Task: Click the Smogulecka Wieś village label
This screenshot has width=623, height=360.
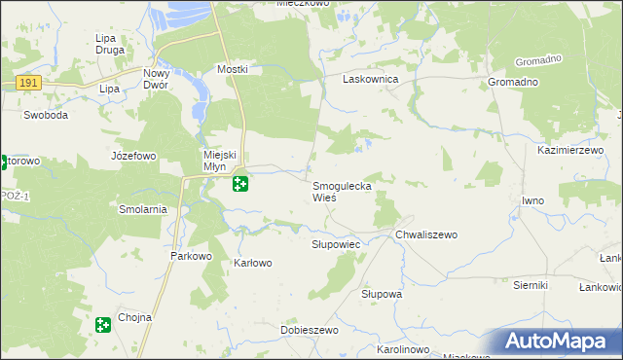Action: (341, 191)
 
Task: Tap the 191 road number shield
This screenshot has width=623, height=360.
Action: (28, 84)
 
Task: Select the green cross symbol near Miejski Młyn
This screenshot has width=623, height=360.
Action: (239, 183)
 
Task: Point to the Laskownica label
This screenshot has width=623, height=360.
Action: (370, 79)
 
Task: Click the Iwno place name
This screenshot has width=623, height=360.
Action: (532, 200)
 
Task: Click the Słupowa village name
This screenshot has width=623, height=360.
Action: (382, 293)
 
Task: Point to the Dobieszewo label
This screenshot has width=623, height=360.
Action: (309, 331)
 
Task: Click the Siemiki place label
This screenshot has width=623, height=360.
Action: (531, 285)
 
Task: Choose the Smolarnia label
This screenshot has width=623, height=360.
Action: (143, 209)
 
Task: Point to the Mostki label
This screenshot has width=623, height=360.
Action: (233, 70)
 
